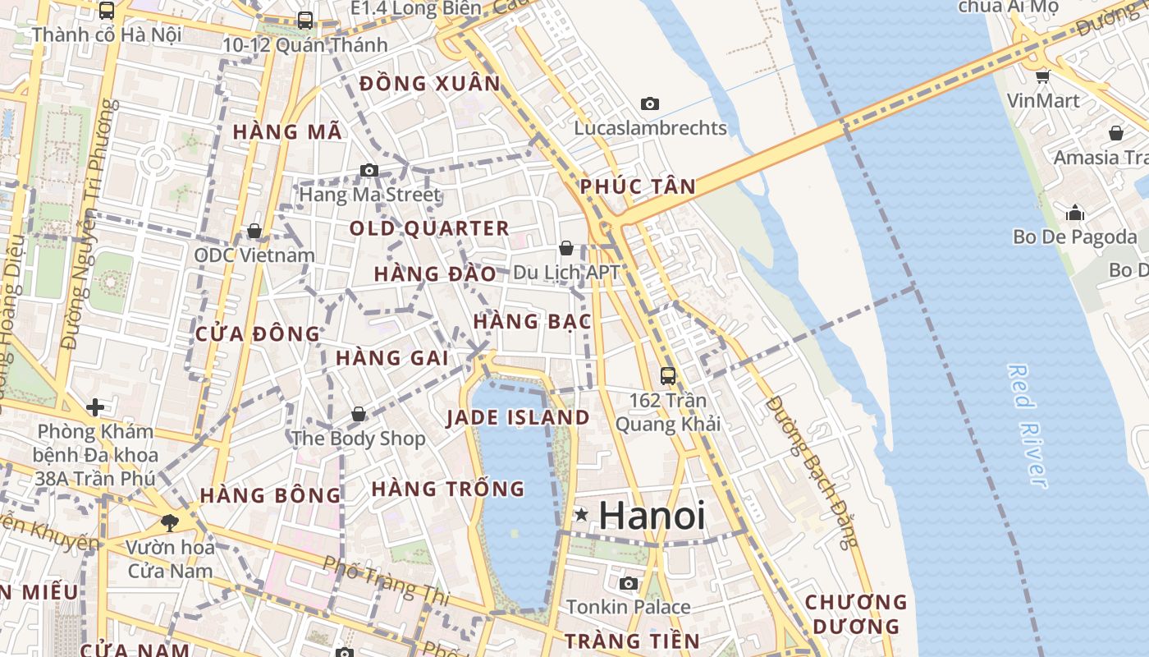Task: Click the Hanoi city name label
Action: point(652,516)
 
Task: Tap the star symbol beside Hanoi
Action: point(582,515)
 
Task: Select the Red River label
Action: point(1028,426)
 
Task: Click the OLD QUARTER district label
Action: point(429,228)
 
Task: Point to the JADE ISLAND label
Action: point(518,417)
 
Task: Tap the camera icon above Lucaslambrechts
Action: point(650,103)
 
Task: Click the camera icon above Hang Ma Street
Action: point(369,170)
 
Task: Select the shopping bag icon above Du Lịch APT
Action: point(565,247)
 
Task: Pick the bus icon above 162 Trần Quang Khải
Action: point(668,376)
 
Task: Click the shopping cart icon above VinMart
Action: point(1042,76)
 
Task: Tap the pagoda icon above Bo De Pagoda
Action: point(1075,214)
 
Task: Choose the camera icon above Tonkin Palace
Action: point(629,583)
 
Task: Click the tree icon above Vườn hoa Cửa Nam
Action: point(170,522)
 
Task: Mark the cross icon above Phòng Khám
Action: point(95,407)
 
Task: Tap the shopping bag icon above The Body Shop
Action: point(358,414)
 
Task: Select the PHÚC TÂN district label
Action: point(638,186)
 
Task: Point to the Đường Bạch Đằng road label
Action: point(811,471)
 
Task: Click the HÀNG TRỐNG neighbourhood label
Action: point(447,489)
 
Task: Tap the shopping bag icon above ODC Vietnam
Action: point(254,231)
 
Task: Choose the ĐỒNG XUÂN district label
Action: point(430,83)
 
